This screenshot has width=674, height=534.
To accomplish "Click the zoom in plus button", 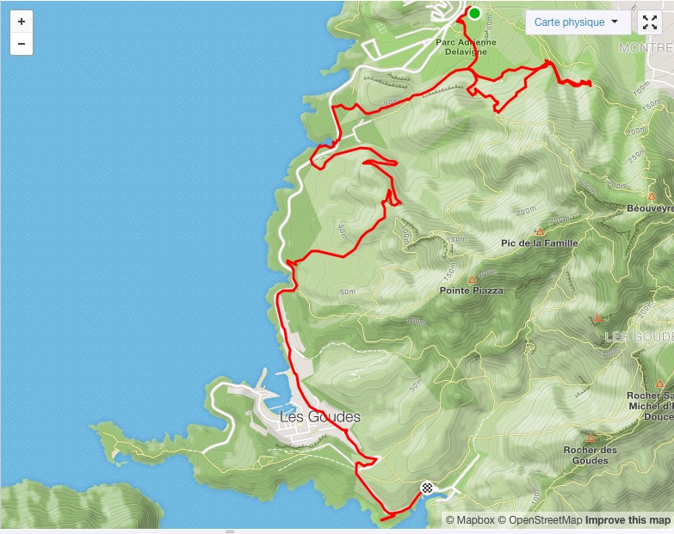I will point(22,21).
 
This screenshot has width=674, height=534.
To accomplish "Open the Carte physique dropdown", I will point(577,22).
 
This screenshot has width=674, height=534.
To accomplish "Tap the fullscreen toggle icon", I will point(650,22).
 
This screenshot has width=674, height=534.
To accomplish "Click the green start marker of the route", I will point(474,13).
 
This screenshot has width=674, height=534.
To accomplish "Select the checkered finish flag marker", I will point(426,488).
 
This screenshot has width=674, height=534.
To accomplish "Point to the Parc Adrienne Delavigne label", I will point(467,46).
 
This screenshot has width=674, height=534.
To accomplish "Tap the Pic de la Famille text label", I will point(539,243).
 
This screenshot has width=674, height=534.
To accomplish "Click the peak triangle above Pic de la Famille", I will point(541,231).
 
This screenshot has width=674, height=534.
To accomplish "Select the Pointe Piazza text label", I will point(471,291).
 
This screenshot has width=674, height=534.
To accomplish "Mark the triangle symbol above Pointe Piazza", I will point(472,279).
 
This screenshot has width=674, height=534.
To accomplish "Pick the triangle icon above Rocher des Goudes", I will point(591,438).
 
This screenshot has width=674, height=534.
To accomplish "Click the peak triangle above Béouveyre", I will point(652,196).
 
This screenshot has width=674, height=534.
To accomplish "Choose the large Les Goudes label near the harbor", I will point(320,417).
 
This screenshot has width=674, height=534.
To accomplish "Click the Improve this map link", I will point(628,520).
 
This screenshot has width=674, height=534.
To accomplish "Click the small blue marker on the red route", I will point(331,143).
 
